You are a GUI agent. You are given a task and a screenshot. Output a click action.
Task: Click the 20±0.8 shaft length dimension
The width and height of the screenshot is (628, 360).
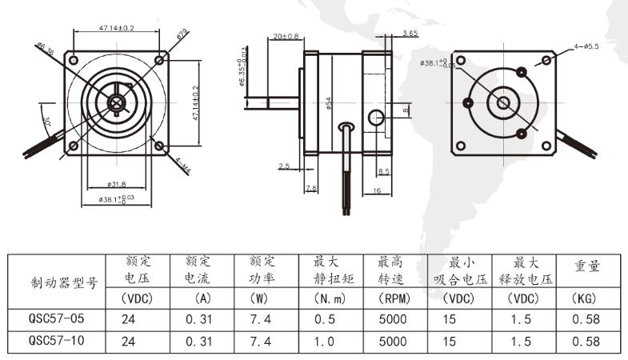pyautogui.click(x=285, y=37)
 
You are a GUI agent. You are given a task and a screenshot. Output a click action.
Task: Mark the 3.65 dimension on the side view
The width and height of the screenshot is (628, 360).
pyautogui.click(x=410, y=34)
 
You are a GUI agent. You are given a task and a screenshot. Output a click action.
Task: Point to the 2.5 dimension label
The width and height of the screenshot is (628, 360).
pyautogui.click(x=284, y=166)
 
